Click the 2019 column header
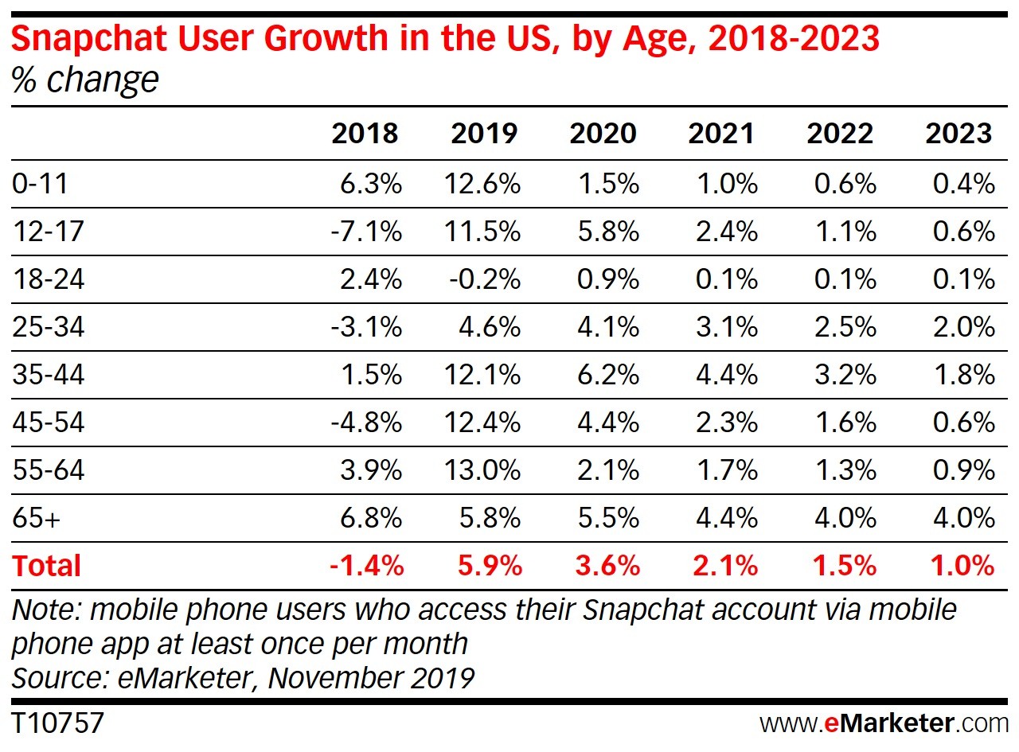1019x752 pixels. point(484,134)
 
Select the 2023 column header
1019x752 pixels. point(958,134)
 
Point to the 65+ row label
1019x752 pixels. point(37,518)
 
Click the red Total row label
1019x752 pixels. point(46,566)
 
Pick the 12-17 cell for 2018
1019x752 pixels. point(367,232)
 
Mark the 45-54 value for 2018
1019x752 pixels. point(367,423)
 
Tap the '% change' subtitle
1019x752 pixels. point(85,80)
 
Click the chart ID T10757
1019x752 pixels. point(57,723)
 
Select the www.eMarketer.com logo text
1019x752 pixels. point(884,723)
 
